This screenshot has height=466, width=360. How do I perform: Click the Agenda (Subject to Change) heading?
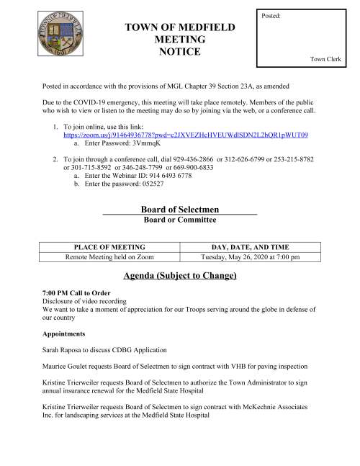[179, 277]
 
